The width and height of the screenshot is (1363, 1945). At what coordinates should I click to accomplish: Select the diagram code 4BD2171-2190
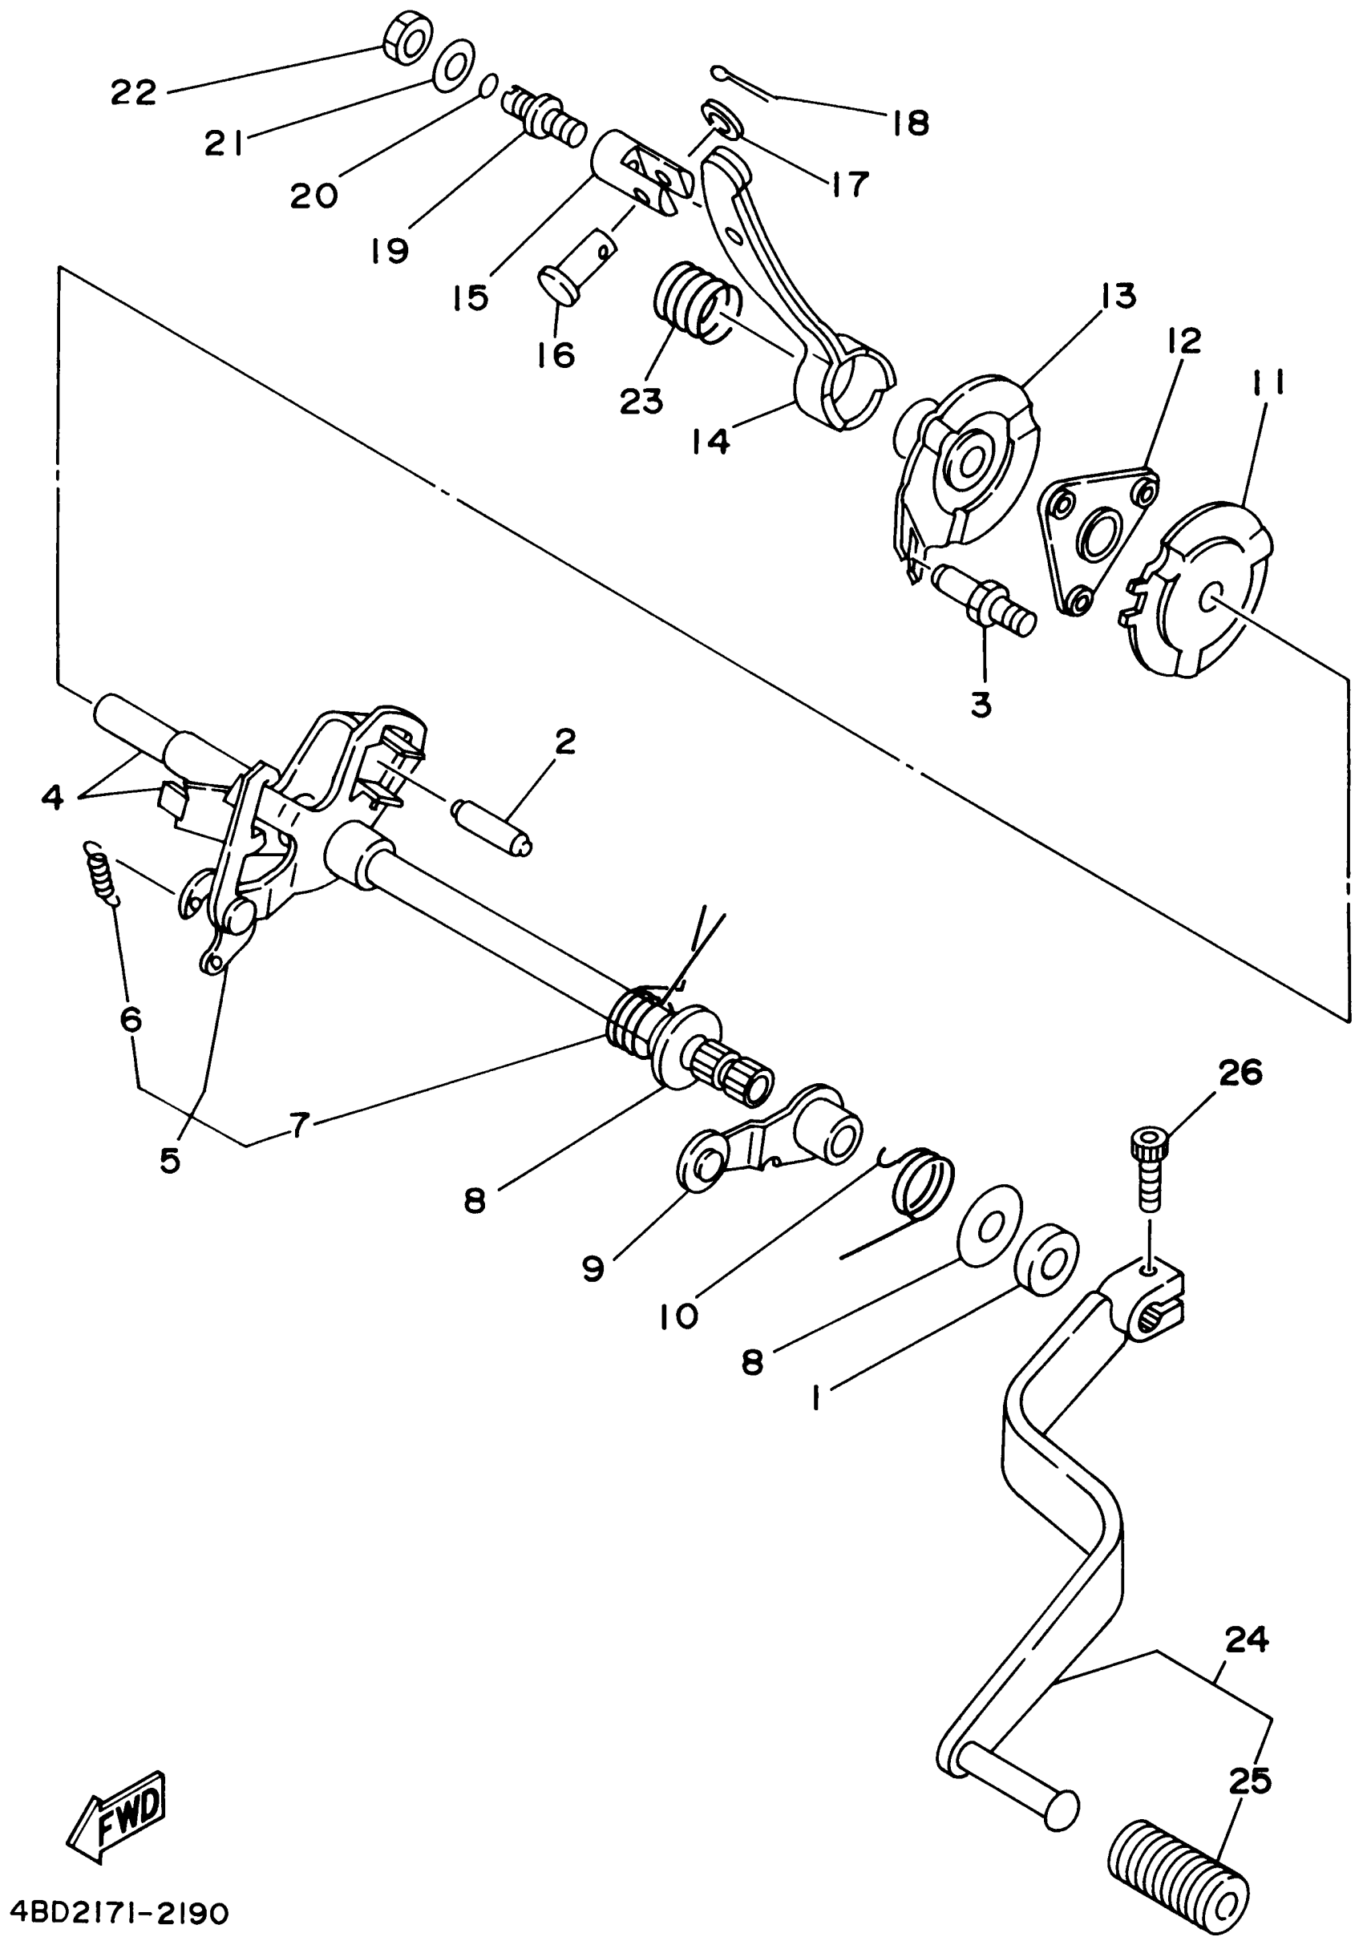[x=115, y=1913]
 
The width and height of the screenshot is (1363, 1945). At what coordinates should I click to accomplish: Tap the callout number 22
[x=134, y=92]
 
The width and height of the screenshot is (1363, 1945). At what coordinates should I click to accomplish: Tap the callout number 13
[x=1118, y=297]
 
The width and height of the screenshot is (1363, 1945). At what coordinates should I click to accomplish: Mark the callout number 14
[x=710, y=441]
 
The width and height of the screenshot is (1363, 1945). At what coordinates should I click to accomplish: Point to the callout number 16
[x=556, y=354]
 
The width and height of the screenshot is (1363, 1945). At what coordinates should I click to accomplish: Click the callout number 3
[x=981, y=704]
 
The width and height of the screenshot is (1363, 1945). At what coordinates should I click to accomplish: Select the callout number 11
[x=1268, y=383]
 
